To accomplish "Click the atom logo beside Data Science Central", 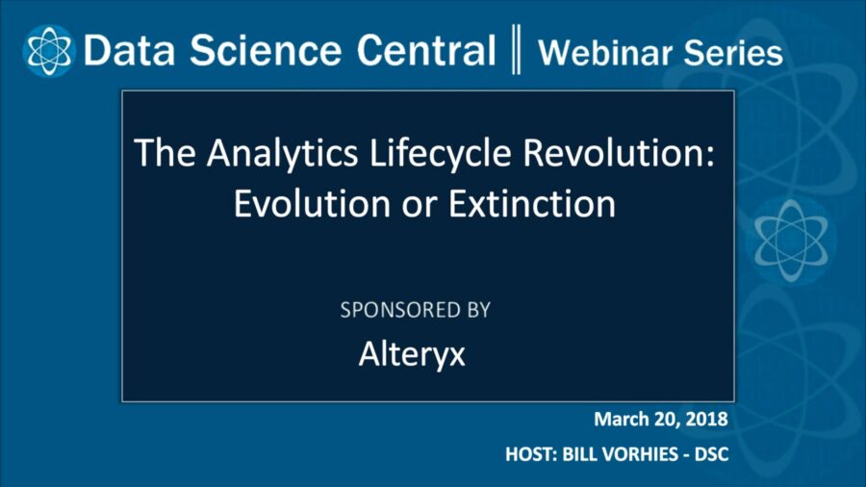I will click(47, 50).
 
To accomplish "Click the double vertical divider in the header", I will click(516, 51).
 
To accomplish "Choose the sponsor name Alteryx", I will click(412, 354).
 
